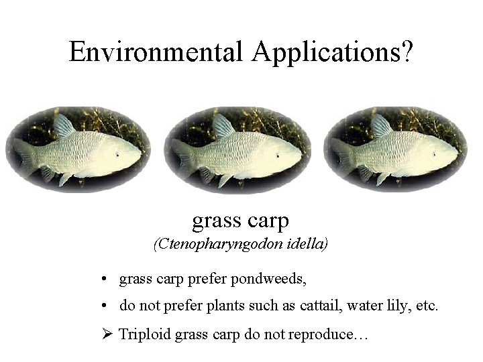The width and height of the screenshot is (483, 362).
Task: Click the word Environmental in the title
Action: coord(154,51)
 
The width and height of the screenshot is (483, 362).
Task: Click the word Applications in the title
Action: coord(323,51)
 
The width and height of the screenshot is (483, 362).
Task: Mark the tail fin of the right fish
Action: coord(340,156)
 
